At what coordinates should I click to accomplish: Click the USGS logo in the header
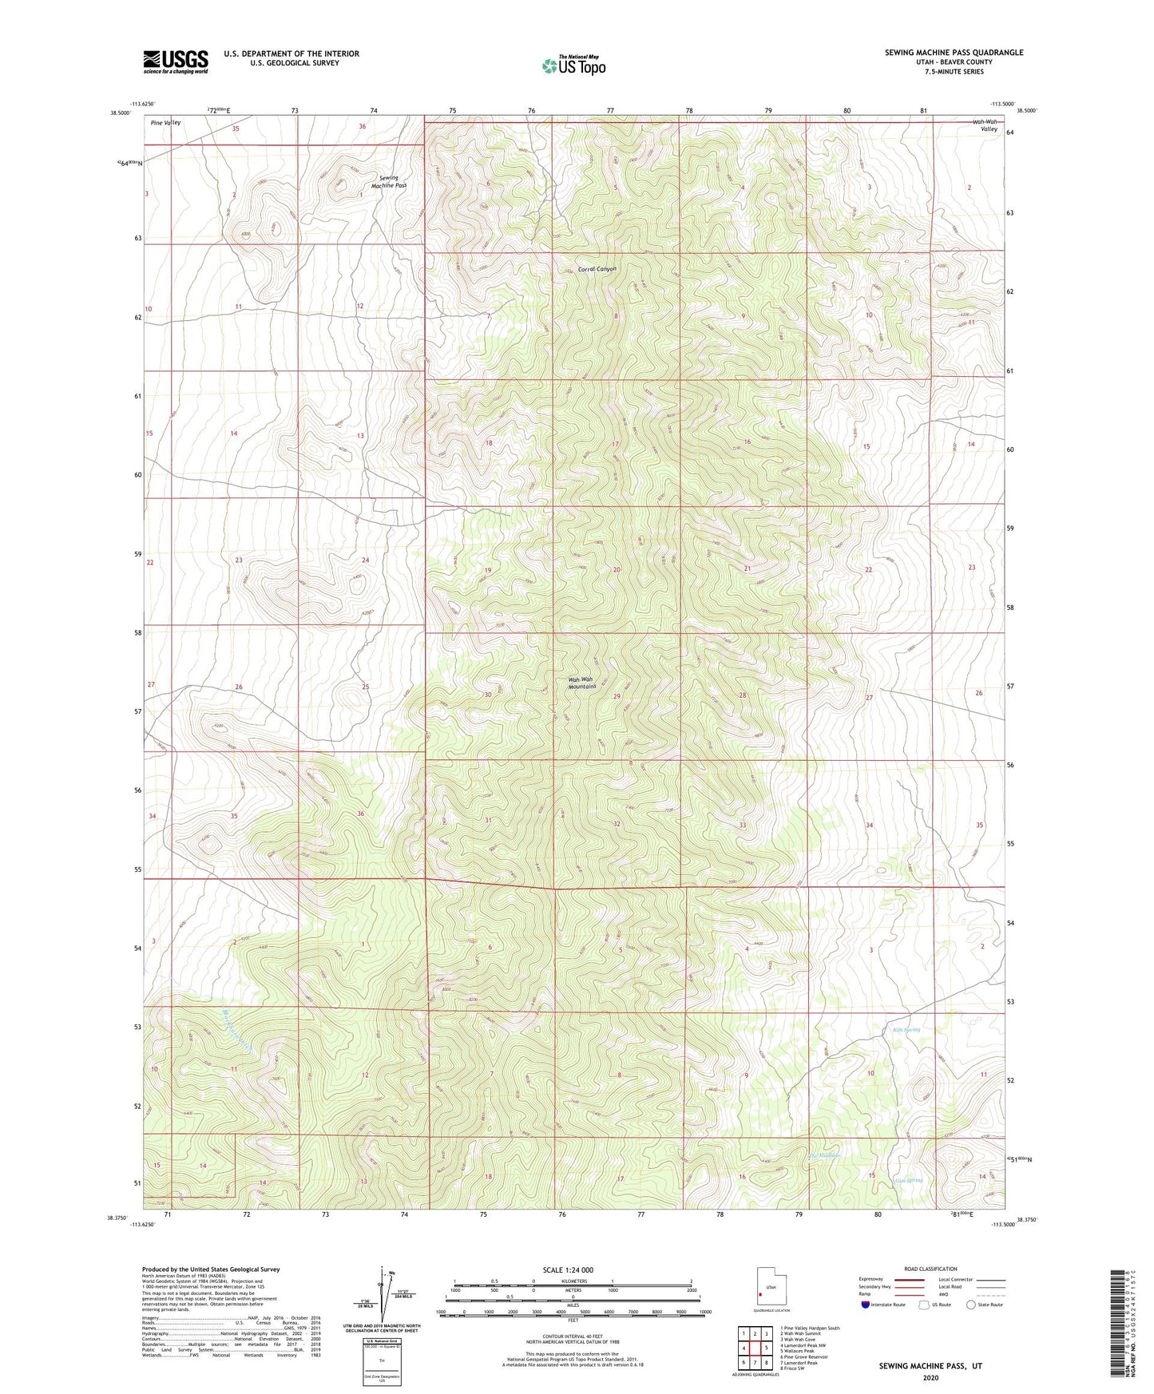click(176, 61)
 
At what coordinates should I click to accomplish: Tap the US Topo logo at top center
click(573, 65)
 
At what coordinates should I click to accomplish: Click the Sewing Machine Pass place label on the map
click(389, 181)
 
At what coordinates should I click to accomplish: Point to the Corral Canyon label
click(597, 269)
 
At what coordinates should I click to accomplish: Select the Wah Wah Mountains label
click(582, 683)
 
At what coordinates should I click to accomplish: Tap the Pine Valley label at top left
click(165, 123)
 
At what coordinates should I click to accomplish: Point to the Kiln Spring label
click(906, 1030)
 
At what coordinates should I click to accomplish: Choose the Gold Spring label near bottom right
click(909, 1180)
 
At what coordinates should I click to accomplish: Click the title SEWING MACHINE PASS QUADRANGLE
click(954, 53)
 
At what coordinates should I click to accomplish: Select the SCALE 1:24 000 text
click(568, 1270)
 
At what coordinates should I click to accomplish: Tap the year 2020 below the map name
click(930, 1378)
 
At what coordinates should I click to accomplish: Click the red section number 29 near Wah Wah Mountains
click(617, 696)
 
